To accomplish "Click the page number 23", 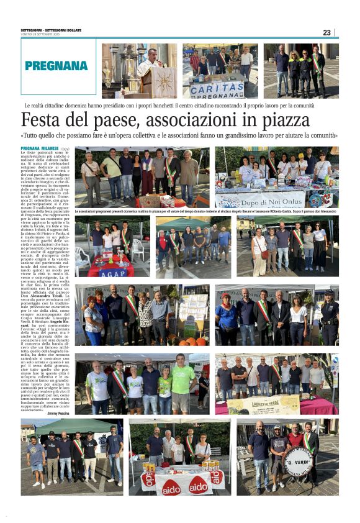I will [326, 32].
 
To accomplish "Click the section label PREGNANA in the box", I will [56, 65].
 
